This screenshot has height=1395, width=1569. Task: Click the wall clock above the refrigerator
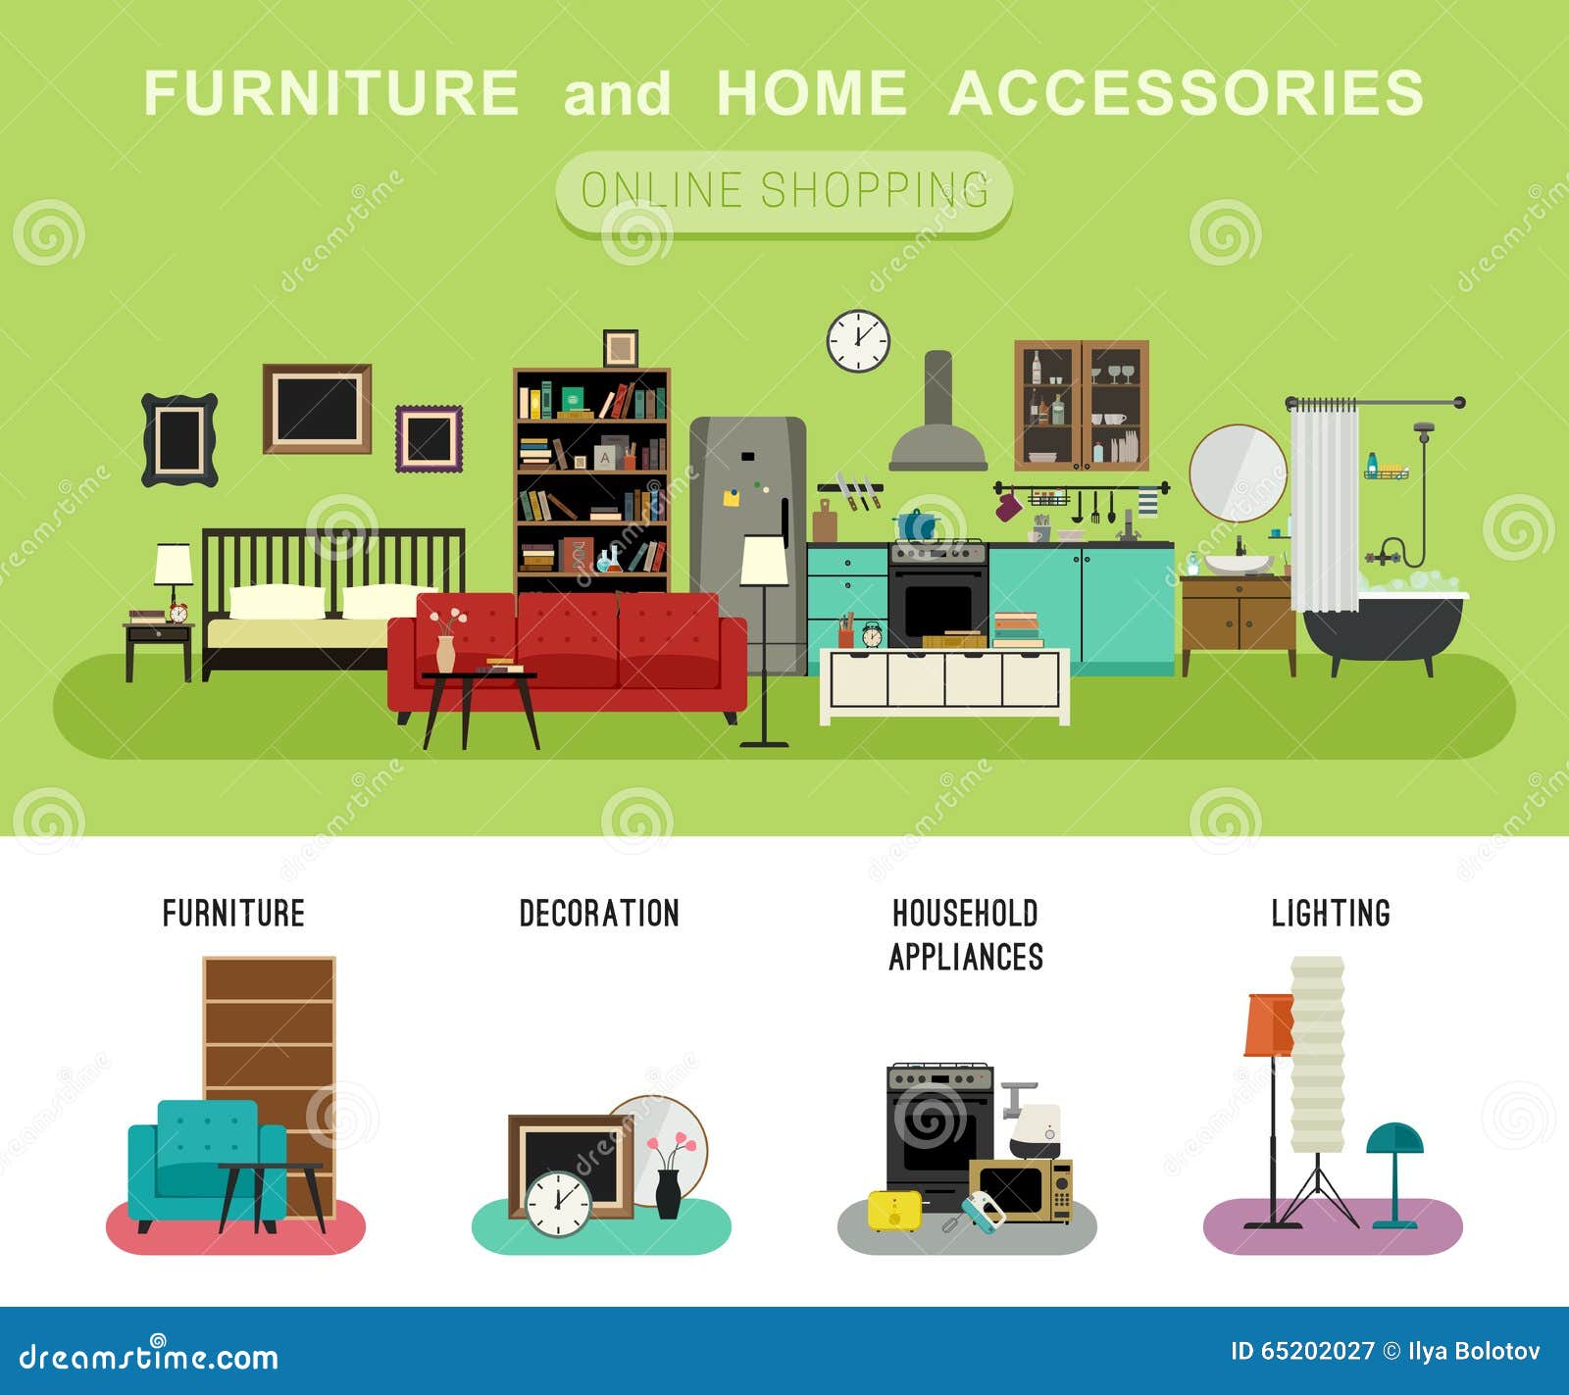[x=858, y=341]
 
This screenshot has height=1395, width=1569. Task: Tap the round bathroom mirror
[x=1238, y=473]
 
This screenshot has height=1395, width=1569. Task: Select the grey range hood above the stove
[x=938, y=412]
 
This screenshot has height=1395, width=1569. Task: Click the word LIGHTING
[x=1331, y=914]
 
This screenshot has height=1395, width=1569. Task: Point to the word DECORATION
[x=599, y=914]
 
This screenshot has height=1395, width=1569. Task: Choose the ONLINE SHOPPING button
[x=784, y=191]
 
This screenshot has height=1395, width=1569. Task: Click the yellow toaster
[x=894, y=1210]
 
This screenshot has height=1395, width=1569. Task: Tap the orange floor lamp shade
[x=1269, y=1024]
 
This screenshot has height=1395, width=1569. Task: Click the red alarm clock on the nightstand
[x=177, y=613]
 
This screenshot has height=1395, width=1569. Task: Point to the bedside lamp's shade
[x=174, y=565]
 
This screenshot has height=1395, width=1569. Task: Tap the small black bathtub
[x=1383, y=626]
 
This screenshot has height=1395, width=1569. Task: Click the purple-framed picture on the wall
[x=429, y=438]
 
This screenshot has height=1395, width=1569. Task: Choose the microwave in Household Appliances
[x=1021, y=1190]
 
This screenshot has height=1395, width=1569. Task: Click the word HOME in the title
[x=812, y=93]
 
